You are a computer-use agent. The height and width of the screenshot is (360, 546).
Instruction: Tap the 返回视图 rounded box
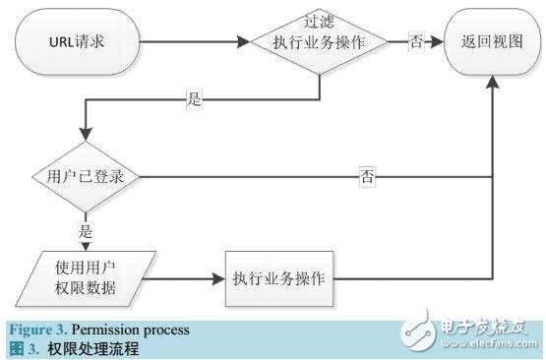(x=491, y=42)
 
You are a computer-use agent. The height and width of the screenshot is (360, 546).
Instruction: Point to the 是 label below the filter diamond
(x=195, y=98)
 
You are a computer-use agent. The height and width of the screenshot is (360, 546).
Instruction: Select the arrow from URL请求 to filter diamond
(x=187, y=42)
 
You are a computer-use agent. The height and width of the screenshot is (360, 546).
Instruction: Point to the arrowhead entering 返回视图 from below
(x=491, y=85)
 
